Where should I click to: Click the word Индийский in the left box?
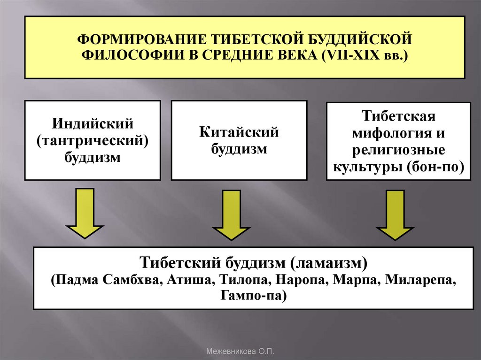[x=93, y=124]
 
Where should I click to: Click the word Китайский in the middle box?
[x=239, y=132]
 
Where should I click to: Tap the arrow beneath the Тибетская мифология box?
[x=395, y=214]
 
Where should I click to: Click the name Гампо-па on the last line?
[x=254, y=296]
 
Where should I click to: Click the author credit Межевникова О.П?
[x=240, y=351]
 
